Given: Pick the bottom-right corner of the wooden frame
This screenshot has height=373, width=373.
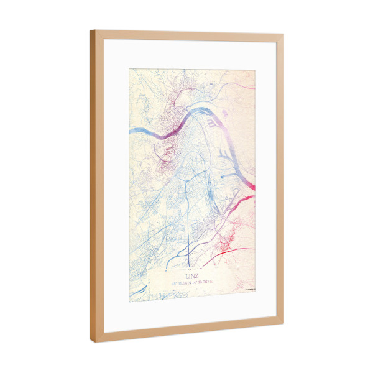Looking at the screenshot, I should [283, 323].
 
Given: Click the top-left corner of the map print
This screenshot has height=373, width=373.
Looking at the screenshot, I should [129, 68].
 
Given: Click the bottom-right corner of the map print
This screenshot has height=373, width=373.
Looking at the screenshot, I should [255, 290].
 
